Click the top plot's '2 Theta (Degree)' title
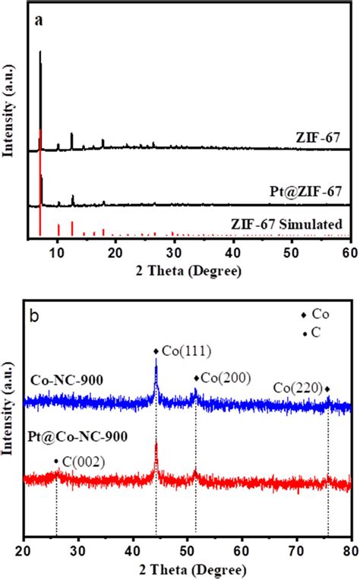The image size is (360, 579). click(x=188, y=269)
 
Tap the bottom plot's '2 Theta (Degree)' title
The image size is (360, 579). click(x=188, y=568)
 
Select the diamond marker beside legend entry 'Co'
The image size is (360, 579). click(x=304, y=315)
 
